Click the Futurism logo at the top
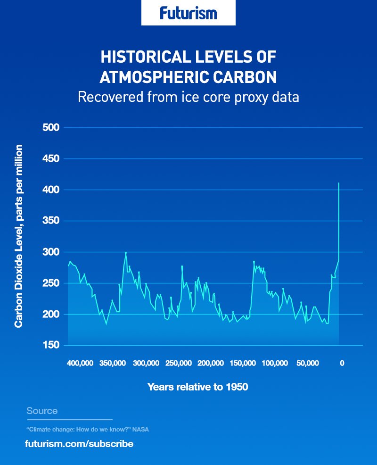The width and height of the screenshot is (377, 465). click(x=188, y=13)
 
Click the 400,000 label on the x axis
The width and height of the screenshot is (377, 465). click(x=80, y=363)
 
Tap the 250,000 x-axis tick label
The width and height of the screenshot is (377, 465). click(x=178, y=363)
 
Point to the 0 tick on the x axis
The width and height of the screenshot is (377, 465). click(x=342, y=363)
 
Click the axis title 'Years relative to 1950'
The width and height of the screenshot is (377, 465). click(x=198, y=387)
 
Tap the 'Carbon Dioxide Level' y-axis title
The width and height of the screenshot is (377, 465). click(x=19, y=236)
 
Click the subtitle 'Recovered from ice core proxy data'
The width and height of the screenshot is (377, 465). click(x=188, y=97)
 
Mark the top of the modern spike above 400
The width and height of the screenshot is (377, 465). click(x=339, y=183)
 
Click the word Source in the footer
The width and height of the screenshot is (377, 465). click(x=42, y=411)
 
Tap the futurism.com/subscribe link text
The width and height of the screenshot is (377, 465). click(x=79, y=444)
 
